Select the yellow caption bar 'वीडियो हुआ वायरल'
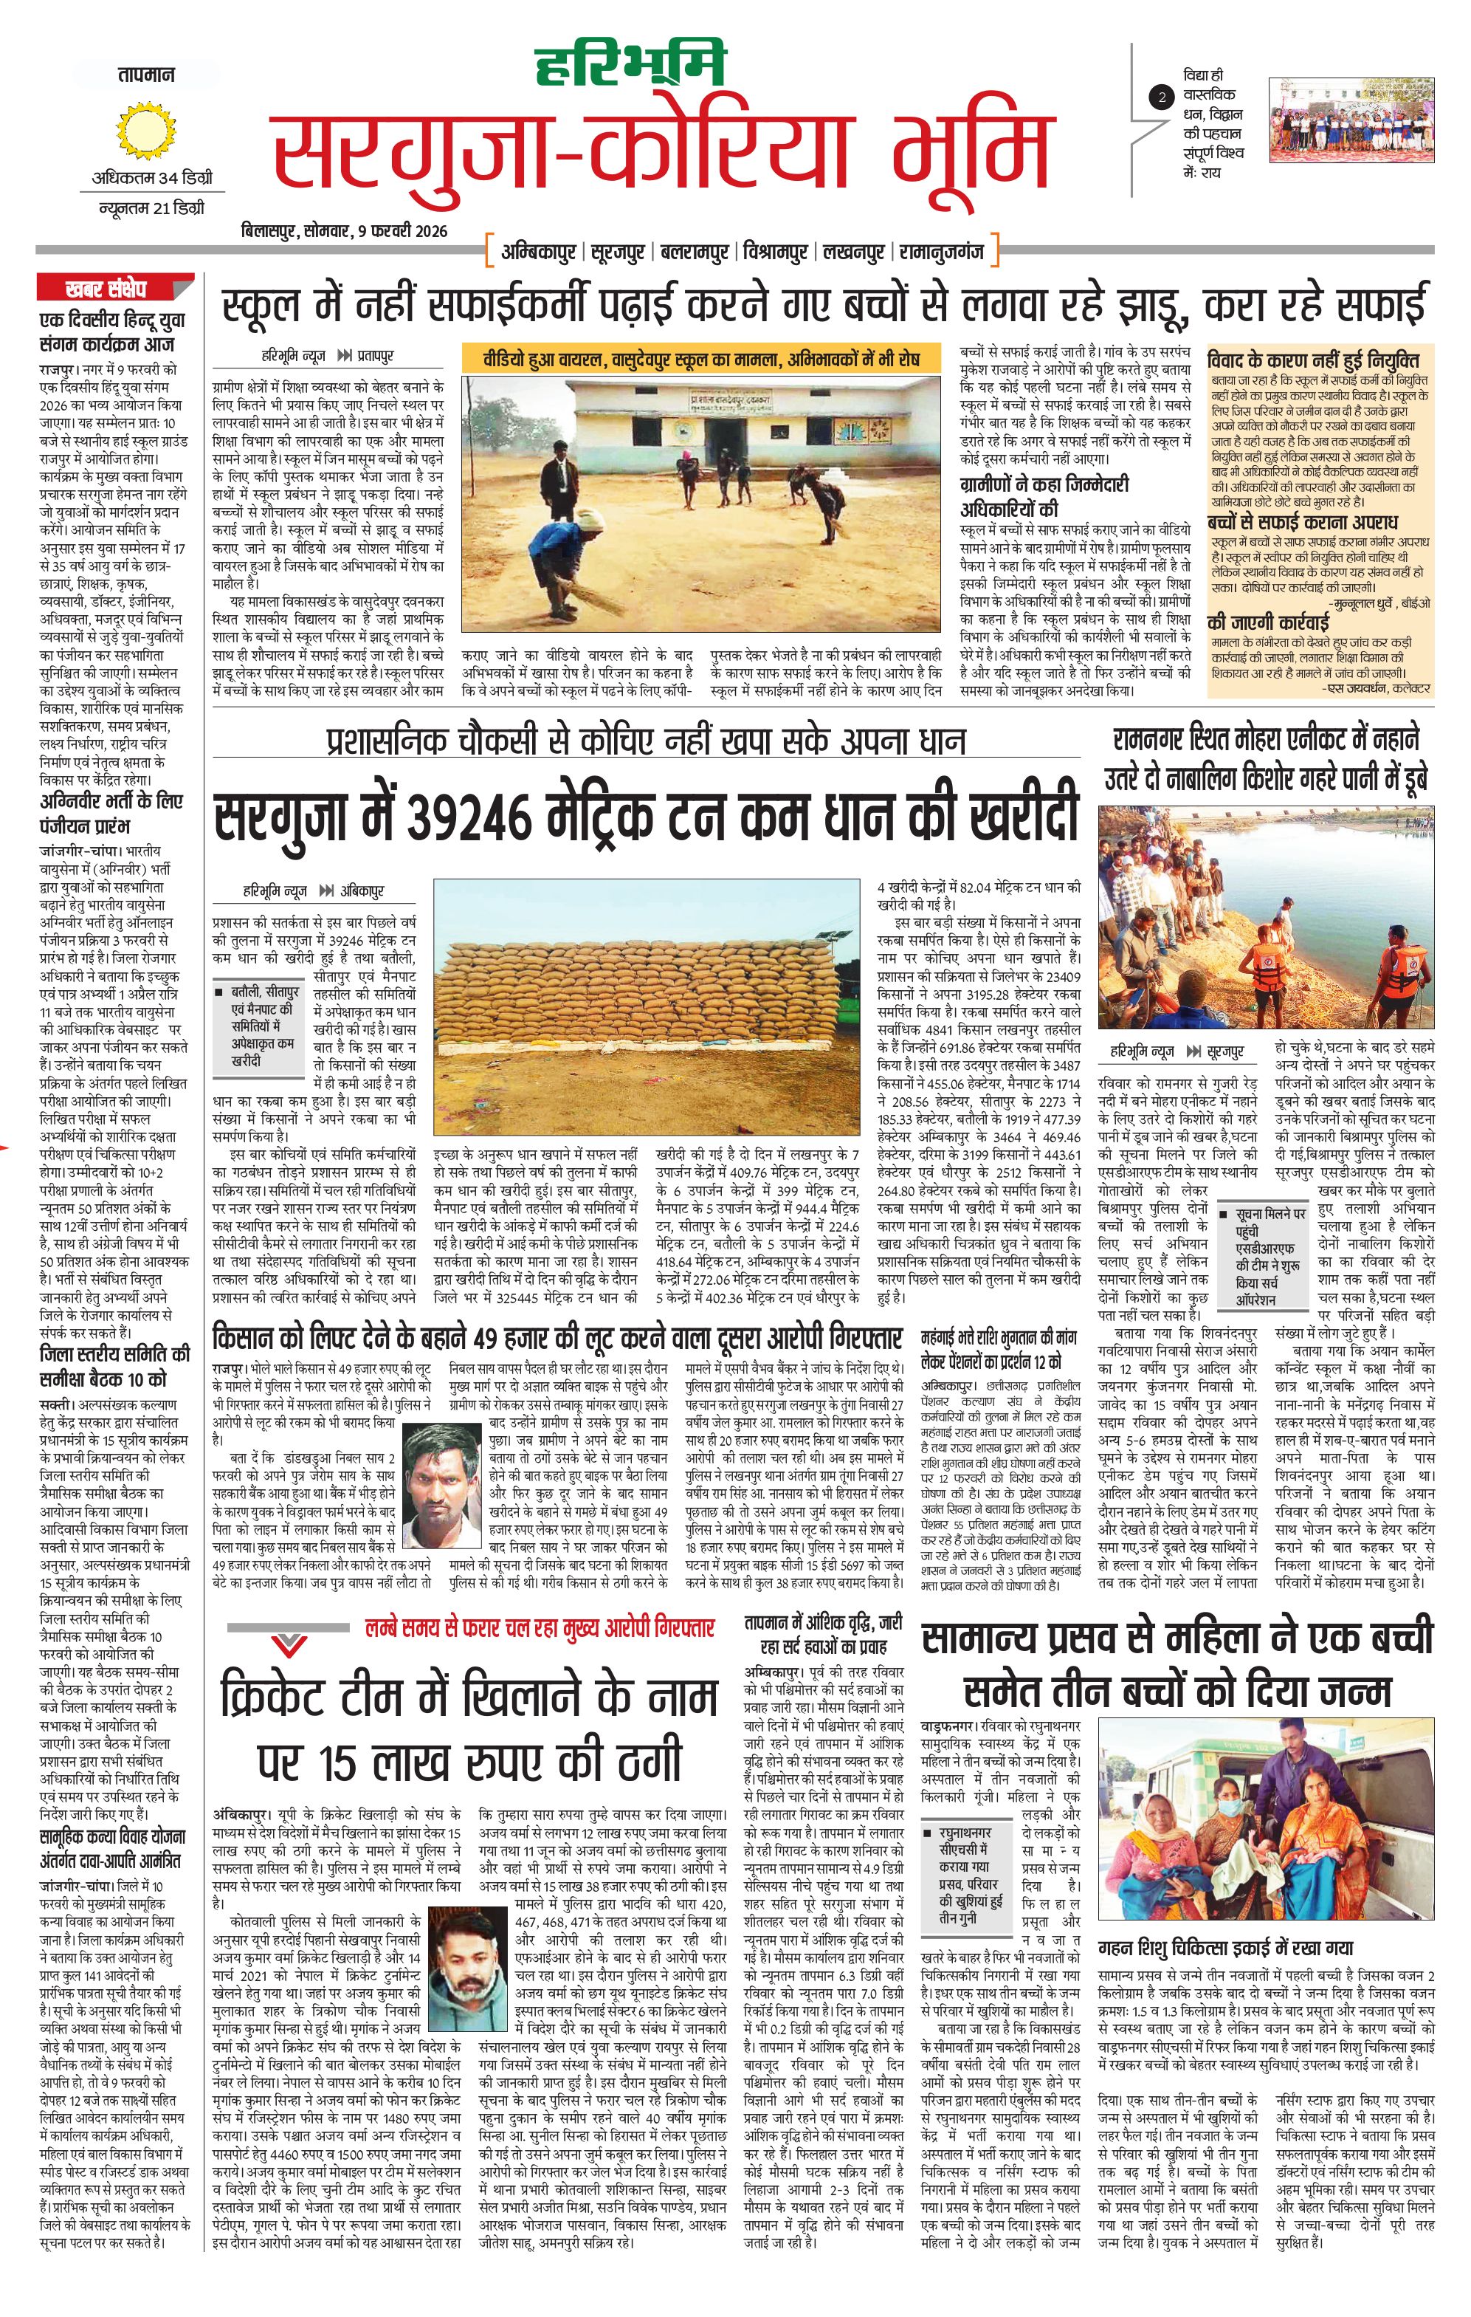(x=700, y=358)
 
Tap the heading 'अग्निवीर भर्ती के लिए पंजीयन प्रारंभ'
(x=111, y=813)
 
